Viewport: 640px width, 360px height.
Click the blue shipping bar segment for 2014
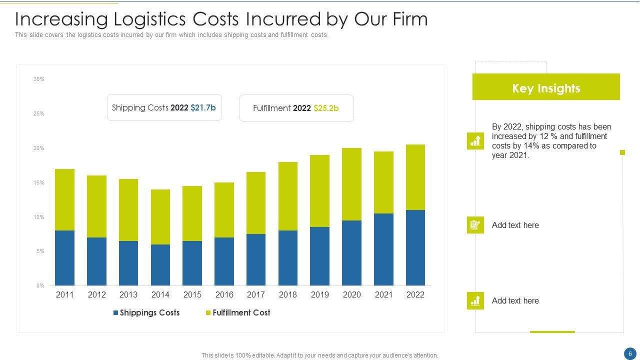click(x=160, y=265)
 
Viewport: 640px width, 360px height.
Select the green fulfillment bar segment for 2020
click(x=351, y=184)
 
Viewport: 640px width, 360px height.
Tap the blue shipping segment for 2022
click(x=415, y=248)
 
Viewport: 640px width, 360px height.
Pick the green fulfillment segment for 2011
click(x=64, y=199)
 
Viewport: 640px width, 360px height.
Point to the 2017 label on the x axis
click(x=256, y=294)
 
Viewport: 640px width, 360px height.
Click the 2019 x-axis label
click(x=319, y=294)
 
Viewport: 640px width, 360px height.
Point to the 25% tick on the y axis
click(x=39, y=113)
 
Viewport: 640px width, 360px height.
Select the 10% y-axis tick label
click(x=39, y=217)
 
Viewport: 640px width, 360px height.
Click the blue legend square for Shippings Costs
click(x=116, y=313)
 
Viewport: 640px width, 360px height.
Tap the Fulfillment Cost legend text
click(x=241, y=312)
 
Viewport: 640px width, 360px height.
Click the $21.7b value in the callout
click(x=203, y=107)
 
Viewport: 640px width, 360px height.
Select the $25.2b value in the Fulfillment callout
click(x=326, y=108)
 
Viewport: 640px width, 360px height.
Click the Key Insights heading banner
click(x=546, y=88)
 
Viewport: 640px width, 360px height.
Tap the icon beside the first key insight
click(x=475, y=141)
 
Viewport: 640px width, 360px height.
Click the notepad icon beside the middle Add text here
click(x=475, y=225)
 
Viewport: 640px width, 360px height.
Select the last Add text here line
click(x=515, y=300)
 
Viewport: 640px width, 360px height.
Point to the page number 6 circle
click(x=630, y=353)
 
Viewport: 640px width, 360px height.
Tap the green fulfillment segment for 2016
click(x=224, y=210)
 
